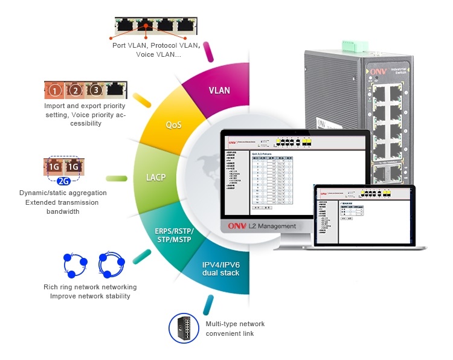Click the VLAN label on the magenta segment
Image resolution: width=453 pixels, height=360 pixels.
point(219,91)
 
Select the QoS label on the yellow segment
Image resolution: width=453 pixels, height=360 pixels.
point(174,125)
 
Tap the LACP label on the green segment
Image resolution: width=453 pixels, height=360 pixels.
point(156,178)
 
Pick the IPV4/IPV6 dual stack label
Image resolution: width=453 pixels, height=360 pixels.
point(221,269)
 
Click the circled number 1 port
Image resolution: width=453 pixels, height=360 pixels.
point(55,91)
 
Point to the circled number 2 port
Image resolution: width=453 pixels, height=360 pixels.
point(75,91)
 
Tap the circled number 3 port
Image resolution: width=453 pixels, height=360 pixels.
point(95,91)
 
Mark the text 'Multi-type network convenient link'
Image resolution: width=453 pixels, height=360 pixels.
point(235,329)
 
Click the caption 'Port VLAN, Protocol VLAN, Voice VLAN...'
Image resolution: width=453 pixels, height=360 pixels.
point(155,50)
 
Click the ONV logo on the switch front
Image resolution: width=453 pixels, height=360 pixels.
point(374,70)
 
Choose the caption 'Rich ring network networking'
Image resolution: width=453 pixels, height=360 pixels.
point(90,287)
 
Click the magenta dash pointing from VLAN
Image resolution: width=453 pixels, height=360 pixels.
point(209,51)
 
